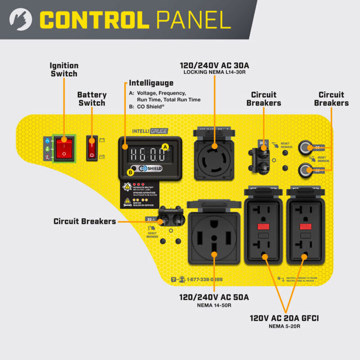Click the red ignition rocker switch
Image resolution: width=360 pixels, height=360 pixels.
click(63, 147)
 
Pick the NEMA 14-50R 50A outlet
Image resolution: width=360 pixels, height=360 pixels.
click(213, 237)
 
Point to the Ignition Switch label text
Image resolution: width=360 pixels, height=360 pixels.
click(64, 69)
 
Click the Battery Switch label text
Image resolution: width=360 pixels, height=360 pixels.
click(92, 99)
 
